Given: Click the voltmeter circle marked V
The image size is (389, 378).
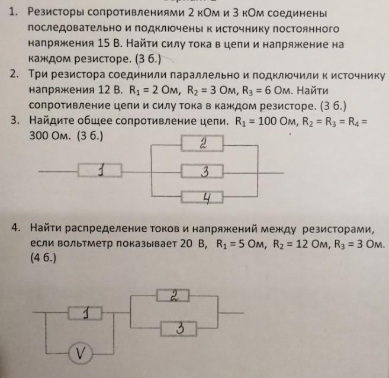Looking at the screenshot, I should (78, 354).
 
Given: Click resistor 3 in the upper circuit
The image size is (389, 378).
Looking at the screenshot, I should (204, 171).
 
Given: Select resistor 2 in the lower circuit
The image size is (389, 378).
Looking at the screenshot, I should (173, 295).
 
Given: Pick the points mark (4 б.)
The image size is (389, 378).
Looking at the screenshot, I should (42, 259).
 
